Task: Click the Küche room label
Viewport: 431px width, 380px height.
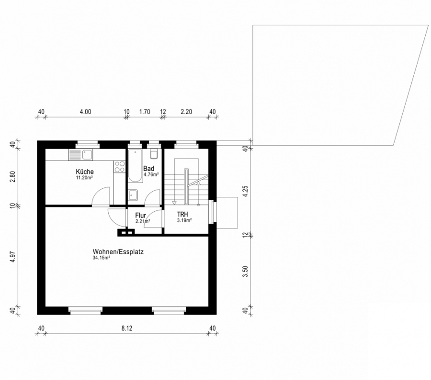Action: point(85,172)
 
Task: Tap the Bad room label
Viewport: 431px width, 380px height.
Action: point(148,168)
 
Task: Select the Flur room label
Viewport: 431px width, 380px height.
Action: point(140,216)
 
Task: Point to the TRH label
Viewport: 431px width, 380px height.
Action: point(182,214)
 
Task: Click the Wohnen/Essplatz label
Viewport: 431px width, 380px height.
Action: point(118,252)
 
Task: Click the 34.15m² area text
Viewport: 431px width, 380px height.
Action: point(102,258)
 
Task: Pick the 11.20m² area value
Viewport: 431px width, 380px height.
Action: point(84,177)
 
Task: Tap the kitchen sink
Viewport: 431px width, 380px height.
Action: point(81,154)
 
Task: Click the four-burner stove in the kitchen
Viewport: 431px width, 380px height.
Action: point(120,166)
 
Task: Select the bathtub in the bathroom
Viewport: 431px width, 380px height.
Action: point(135,165)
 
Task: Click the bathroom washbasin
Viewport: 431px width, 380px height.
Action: point(133,195)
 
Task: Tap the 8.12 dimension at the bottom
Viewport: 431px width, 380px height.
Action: point(127,328)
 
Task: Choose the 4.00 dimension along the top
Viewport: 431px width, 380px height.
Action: point(85,112)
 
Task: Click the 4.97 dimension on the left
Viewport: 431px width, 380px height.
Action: point(12,257)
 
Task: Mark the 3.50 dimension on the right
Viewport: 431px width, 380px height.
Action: point(246,271)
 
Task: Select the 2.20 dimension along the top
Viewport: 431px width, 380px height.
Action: point(186,112)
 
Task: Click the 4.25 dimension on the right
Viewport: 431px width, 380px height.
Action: point(246,191)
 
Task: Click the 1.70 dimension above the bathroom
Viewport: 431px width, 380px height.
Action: point(145,112)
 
